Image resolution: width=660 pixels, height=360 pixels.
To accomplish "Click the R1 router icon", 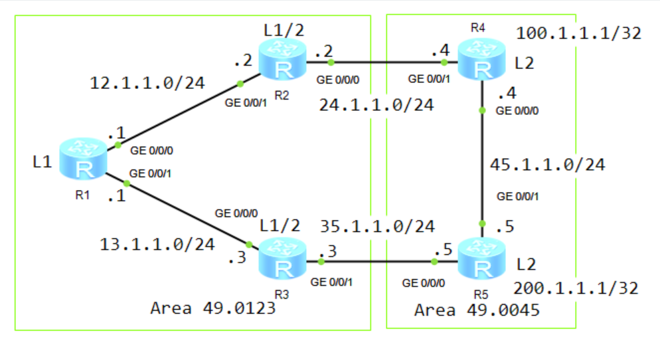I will pyautogui.click(x=84, y=159).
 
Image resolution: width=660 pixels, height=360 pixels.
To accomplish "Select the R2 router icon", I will pyautogui.click(x=282, y=60).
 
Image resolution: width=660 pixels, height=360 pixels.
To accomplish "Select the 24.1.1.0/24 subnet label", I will pyautogui.click(x=376, y=104).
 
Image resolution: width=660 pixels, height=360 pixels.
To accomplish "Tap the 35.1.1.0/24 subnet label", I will pyautogui.click(x=377, y=226).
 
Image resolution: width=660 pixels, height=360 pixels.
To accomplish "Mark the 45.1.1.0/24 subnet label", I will pyautogui.click(x=546, y=165).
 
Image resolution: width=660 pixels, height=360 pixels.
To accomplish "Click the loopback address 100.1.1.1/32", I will pyautogui.click(x=578, y=33).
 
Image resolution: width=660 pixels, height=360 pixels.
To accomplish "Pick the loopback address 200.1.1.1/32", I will pyautogui.click(x=576, y=288).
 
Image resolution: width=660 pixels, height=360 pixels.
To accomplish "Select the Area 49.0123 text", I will pyautogui.click(x=212, y=308).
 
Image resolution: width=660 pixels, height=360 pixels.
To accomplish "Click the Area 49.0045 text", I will pyautogui.click(x=477, y=310).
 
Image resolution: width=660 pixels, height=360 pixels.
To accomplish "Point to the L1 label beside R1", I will pyautogui.click(x=41, y=161).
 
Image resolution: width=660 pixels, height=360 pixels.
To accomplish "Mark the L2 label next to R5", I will pyautogui.click(x=525, y=264).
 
